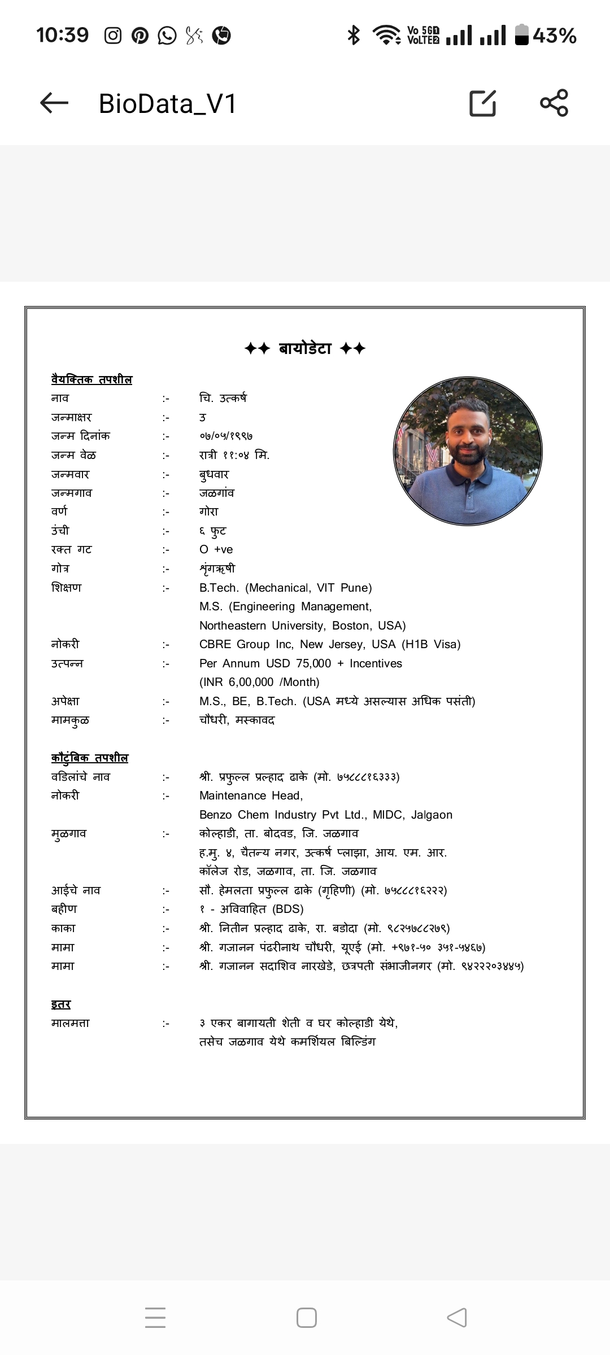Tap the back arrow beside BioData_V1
54,103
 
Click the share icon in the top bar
554,103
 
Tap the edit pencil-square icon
483,103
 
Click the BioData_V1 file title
167,104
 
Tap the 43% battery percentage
554,36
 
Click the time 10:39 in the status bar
63,36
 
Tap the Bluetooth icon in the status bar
354,36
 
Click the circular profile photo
468,452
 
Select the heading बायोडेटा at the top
305,348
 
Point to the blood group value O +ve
216,549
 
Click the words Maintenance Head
251,795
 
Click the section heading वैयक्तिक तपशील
91,379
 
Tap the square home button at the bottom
306,1318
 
